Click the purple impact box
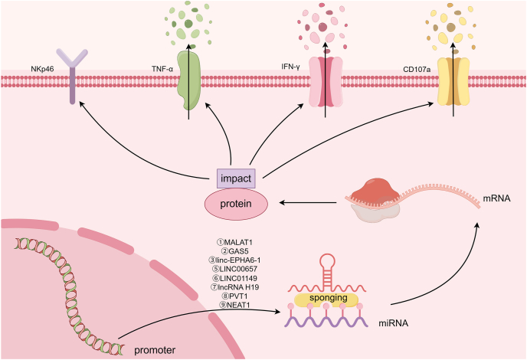tap(236, 178)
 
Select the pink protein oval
tap(236, 204)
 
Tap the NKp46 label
tap(42, 69)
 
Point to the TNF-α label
tap(162, 69)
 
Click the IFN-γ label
tap(290, 67)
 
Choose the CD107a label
tap(417, 70)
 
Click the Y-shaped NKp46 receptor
tap(72, 76)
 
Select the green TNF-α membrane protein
tap(189, 80)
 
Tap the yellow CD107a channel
tap(453, 81)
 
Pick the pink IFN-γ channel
tap(326, 82)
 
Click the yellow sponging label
tap(329, 298)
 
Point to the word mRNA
tap(496, 198)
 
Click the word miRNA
tap(393, 323)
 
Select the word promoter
tap(155, 350)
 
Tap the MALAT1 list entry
tap(234, 242)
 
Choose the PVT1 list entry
tap(234, 296)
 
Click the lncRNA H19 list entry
tap(234, 287)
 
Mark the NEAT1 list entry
tap(234, 305)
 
